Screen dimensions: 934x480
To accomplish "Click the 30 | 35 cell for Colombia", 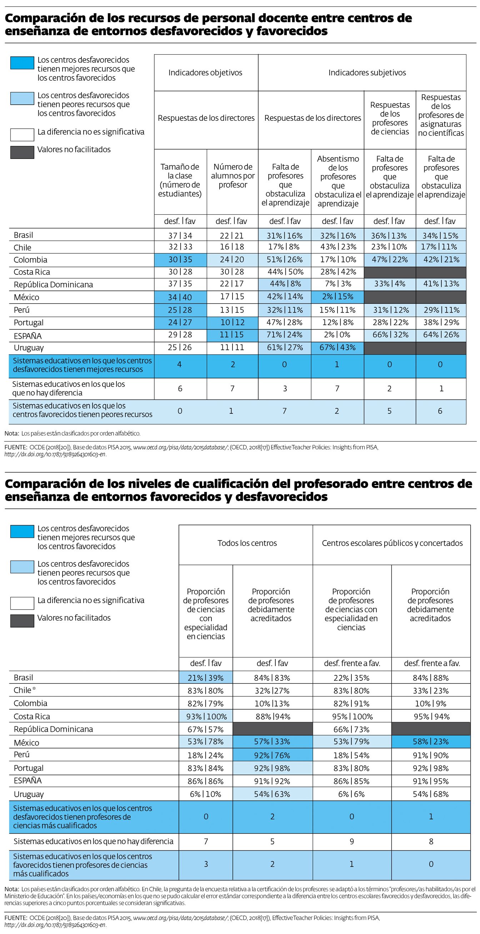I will coord(180,260).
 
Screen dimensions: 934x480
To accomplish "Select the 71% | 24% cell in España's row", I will coord(285,335).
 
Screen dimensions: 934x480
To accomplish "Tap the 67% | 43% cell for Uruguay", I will coord(337,347).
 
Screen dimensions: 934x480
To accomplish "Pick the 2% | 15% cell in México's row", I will coord(337,297).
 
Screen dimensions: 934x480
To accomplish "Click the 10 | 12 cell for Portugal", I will coord(232,322).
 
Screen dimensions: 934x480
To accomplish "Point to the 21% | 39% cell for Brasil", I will coord(206,678).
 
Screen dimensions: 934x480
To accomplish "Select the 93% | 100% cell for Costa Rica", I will coord(206,716).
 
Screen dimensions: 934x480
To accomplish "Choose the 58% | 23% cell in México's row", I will coord(431,741).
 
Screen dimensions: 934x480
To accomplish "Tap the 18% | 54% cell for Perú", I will coord(351,755).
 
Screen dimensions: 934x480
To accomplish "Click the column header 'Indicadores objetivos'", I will coord(205,73).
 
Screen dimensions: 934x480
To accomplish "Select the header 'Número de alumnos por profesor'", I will coord(233,176).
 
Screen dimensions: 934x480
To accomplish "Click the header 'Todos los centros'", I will coord(247,543).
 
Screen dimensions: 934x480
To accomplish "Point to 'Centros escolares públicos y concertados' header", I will coord(392,543).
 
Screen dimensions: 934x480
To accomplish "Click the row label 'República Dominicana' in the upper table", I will coord(53,285).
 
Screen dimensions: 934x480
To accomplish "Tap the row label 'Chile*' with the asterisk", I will coord(25,690).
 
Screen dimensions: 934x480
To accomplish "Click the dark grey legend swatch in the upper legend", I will coord(22,152).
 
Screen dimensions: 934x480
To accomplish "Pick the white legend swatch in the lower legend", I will coord(22,603).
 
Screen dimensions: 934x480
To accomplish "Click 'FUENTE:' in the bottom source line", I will coord(16,918).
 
